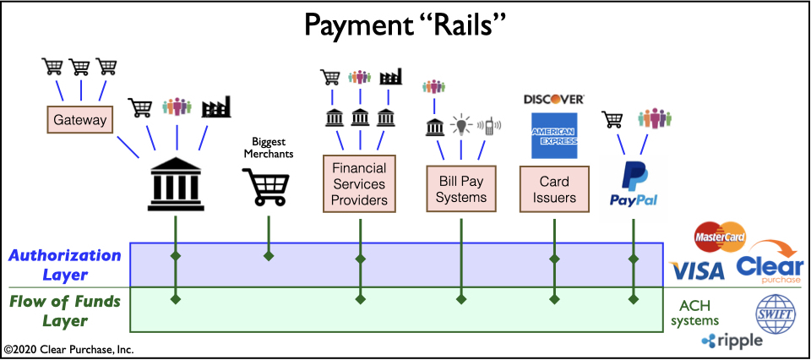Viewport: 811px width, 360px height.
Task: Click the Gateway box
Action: [80, 120]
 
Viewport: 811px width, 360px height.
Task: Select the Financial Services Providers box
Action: [360, 183]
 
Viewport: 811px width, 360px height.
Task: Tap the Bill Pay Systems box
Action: [462, 188]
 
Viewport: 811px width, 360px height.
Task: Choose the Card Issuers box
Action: [554, 189]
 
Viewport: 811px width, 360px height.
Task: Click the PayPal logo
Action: [634, 186]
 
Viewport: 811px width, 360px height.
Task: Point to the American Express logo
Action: [553, 135]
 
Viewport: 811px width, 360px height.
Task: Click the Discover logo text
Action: [553, 99]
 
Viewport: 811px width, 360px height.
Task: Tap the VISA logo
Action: [695, 270]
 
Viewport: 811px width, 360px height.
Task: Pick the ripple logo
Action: [732, 341]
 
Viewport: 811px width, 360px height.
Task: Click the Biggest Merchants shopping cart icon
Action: [268, 187]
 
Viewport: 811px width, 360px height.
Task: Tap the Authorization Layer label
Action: [66, 264]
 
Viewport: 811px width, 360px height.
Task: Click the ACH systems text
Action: [699, 313]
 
